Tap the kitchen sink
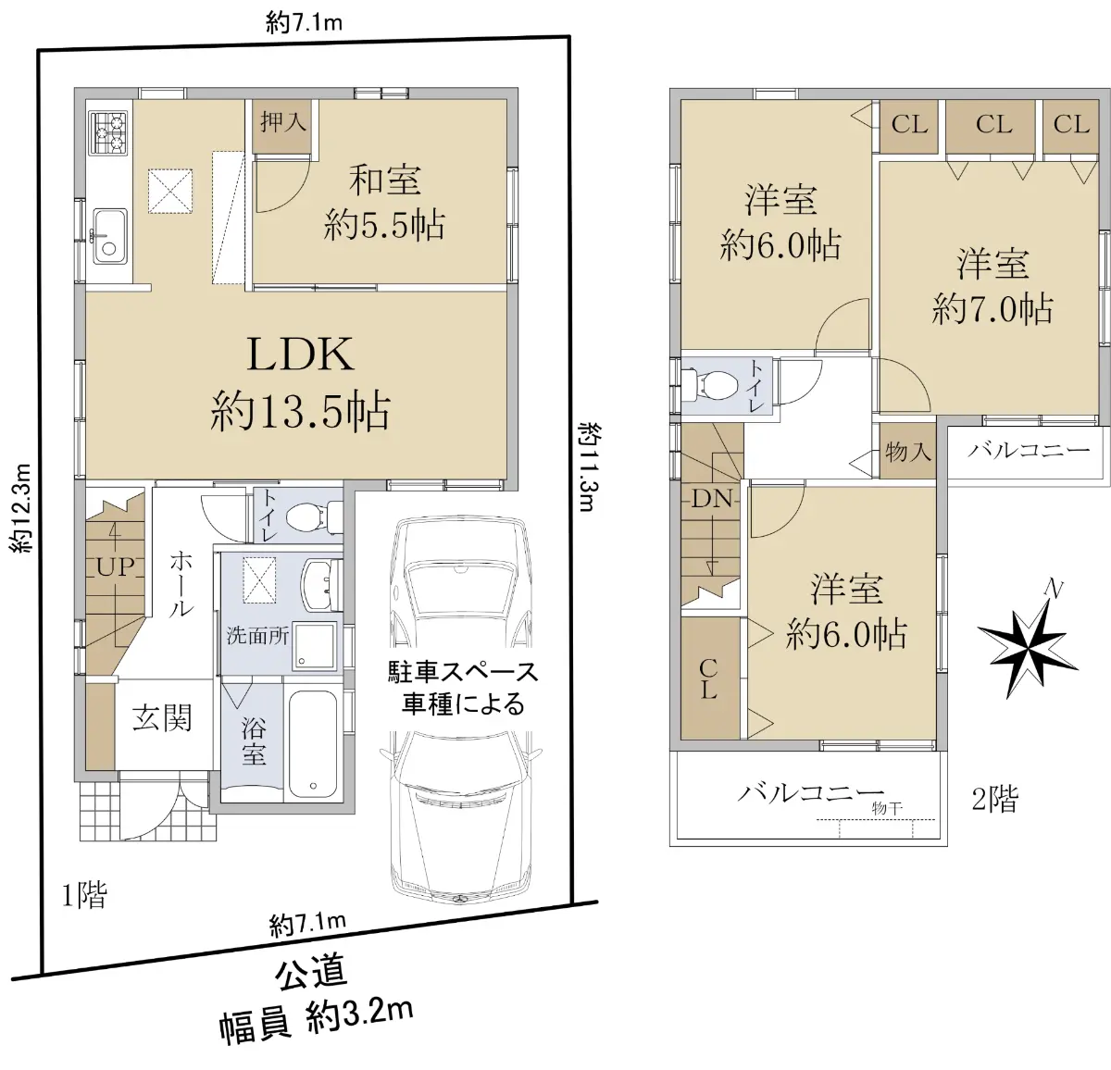point(110,236)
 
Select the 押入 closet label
point(282,123)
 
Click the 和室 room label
point(385,180)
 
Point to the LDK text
point(300,355)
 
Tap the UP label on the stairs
point(116,567)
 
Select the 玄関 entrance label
point(162,717)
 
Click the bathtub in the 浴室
point(312,743)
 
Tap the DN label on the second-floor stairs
point(711,499)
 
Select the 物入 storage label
point(907,452)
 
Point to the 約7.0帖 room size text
point(992,309)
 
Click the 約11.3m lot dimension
point(589,467)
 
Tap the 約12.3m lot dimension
point(20,507)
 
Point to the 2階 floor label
point(995,799)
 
